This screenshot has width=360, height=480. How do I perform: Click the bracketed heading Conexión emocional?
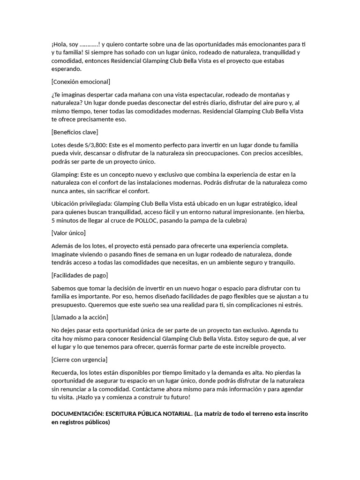pos(81,82)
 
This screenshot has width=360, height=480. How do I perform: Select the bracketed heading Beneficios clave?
pos(75,132)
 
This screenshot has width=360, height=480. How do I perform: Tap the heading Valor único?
pos(68,232)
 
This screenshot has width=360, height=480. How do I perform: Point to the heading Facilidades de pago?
pos(80,275)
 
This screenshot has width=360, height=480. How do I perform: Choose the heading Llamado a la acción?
pos(80,317)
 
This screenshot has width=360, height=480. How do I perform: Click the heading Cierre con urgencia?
pos(79,360)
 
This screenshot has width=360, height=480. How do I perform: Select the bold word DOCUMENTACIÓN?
pos(77,414)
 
